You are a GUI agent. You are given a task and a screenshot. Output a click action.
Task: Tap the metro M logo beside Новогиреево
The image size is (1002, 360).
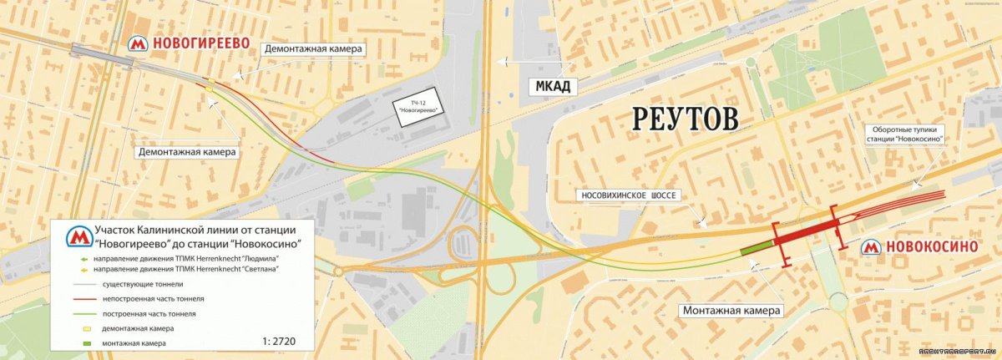[137, 43]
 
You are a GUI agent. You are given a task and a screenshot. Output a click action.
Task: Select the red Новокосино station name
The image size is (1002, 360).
[931, 248]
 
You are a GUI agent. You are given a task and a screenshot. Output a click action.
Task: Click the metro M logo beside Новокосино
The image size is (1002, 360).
[871, 248]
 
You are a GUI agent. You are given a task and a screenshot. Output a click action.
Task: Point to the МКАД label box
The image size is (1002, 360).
[554, 86]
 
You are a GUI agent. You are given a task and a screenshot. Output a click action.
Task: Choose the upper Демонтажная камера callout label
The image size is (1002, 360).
[313, 49]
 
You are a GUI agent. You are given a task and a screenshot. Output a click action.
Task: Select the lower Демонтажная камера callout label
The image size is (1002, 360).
[188, 152]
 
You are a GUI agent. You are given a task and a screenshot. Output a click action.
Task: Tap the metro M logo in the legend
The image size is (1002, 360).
[79, 236]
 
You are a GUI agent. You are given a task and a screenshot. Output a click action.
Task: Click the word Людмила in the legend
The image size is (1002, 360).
[258, 258]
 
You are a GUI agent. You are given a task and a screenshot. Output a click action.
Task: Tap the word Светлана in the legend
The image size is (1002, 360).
[259, 269]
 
